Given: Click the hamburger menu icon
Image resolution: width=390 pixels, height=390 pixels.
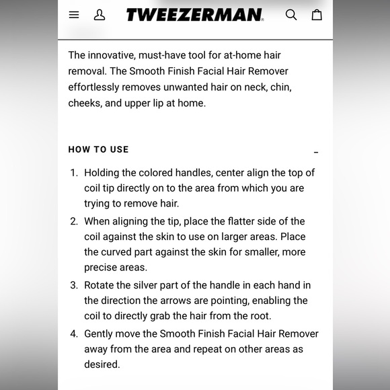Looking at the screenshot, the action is click(x=74, y=15).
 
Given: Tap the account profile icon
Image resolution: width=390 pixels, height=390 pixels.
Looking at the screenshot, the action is click(x=100, y=15).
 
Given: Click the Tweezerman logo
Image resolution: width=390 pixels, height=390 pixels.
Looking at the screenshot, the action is click(x=195, y=15).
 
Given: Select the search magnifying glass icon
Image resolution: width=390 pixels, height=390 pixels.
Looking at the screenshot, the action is click(x=291, y=15).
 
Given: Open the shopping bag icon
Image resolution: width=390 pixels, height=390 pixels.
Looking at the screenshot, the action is click(x=317, y=15).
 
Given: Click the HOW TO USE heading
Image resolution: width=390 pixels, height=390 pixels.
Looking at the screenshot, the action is click(x=98, y=149).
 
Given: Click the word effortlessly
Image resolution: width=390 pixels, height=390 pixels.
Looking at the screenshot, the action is click(x=97, y=87).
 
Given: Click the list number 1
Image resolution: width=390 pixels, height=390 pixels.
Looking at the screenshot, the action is click(x=74, y=173).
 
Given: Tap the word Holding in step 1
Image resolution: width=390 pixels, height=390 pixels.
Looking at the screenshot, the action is click(x=104, y=173).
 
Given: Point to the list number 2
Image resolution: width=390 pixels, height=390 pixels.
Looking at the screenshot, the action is click(x=74, y=221).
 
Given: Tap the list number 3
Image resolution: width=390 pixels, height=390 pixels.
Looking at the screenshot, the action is click(x=74, y=285).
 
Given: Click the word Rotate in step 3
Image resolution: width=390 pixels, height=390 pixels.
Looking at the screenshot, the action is click(x=101, y=285).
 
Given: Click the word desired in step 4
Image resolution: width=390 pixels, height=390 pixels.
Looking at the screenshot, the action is click(x=102, y=364).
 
